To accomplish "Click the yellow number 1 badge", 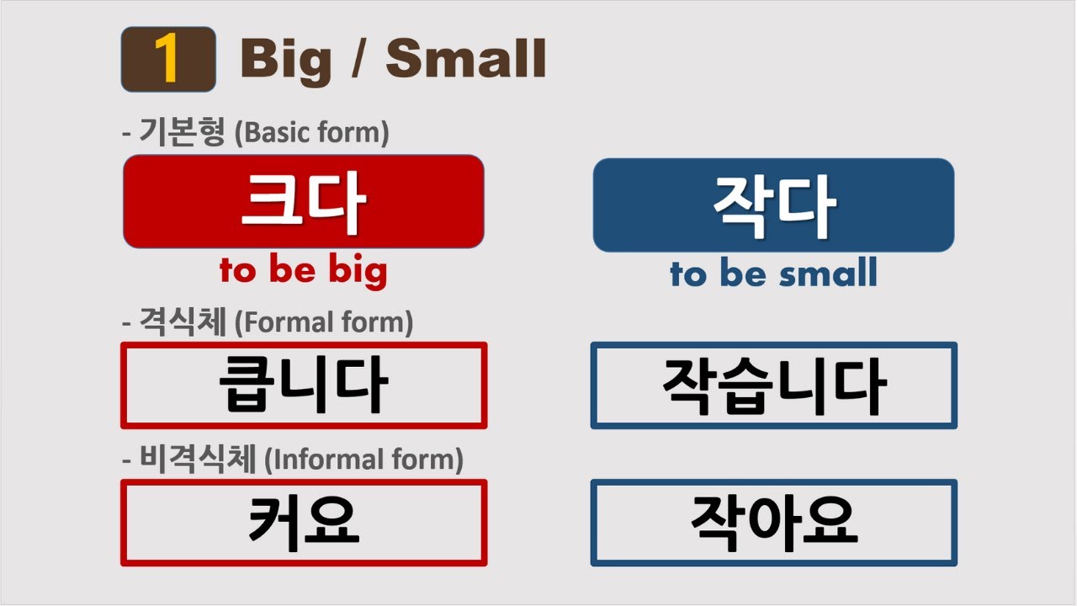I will point(168,60).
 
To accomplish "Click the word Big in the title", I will point(286,61).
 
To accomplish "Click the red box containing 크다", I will point(303,202).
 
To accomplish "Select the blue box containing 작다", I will point(773,205).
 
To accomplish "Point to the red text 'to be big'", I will point(303,270).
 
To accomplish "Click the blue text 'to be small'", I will point(773,274).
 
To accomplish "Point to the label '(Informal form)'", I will point(363,460).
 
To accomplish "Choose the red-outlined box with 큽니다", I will point(303,385).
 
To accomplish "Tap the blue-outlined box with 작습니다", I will point(773,385).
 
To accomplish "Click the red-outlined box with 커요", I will point(303,523).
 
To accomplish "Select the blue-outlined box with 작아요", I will point(773,523).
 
